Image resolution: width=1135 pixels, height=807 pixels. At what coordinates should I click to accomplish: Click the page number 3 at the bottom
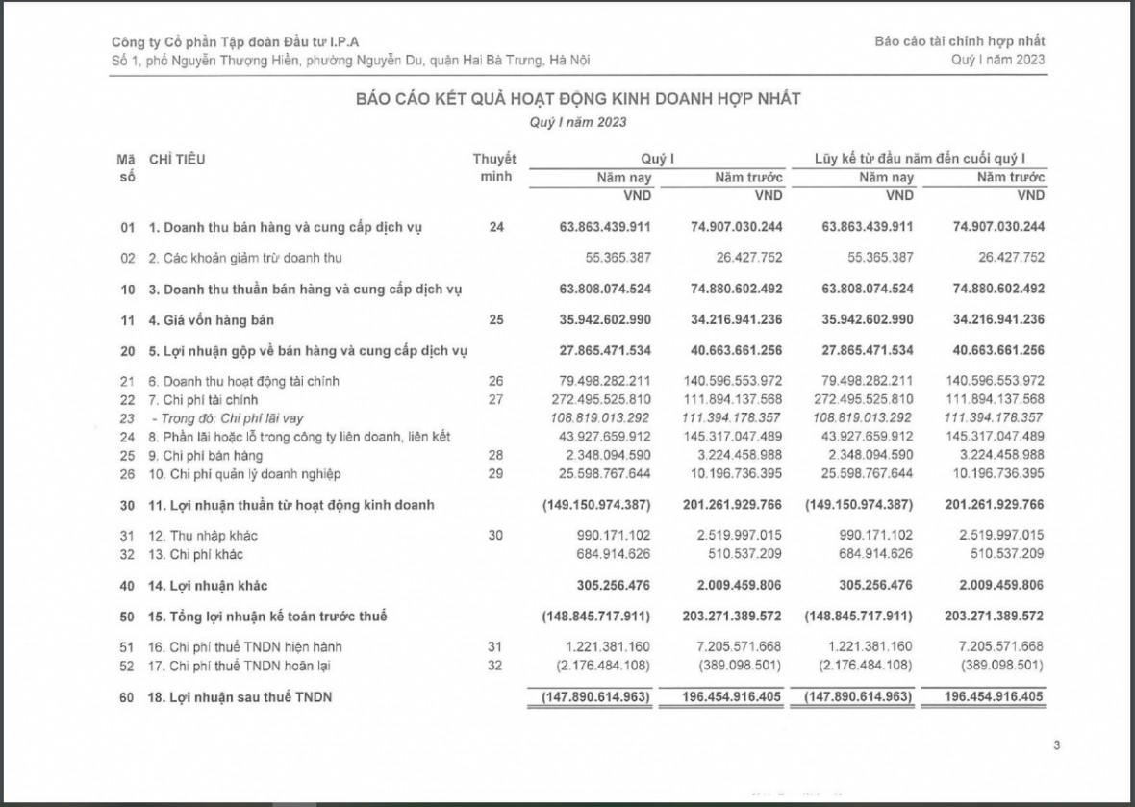(1056, 744)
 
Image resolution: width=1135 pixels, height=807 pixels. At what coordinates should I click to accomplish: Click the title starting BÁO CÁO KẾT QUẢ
(578, 99)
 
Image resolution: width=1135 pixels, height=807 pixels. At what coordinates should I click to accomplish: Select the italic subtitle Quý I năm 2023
(578, 122)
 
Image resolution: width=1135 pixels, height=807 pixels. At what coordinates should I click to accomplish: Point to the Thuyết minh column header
(494, 167)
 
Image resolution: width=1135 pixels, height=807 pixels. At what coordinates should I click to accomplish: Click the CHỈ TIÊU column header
(177, 159)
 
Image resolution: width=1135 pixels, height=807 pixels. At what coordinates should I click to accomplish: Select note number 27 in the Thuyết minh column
(495, 399)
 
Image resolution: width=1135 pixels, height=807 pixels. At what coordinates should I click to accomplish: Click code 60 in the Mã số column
(127, 697)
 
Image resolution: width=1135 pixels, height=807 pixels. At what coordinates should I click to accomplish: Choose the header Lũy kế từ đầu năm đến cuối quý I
(920, 159)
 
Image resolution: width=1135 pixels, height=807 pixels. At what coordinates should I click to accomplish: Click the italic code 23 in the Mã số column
(127, 418)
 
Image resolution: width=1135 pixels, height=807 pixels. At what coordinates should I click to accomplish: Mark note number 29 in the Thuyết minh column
(495, 474)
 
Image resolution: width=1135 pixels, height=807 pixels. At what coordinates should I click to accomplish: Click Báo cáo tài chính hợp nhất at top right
(959, 41)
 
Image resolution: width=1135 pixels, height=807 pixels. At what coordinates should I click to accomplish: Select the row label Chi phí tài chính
(210, 399)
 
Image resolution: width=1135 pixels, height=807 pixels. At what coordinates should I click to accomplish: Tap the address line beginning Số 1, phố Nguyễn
(351, 60)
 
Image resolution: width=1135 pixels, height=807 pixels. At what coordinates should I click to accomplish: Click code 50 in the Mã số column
(127, 616)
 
